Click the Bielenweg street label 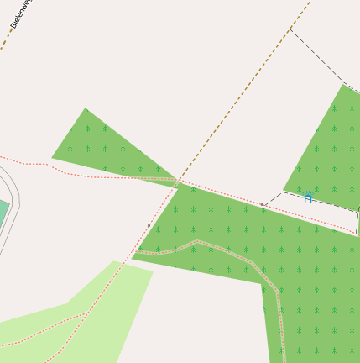pos(21,14)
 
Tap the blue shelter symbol pos(307,197)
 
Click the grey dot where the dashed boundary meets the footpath pos(263,204)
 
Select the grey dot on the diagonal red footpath pos(149,225)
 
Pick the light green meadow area pos(101,311)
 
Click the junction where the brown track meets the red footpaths pos(178,181)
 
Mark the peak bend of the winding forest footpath pos(198,243)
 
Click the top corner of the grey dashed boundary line pos(290,29)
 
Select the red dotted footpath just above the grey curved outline pos(25,163)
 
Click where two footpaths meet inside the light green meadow pos(86,314)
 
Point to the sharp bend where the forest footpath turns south pos(276,291)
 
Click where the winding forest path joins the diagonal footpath pos(137,252)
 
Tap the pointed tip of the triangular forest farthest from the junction pos(85,108)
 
